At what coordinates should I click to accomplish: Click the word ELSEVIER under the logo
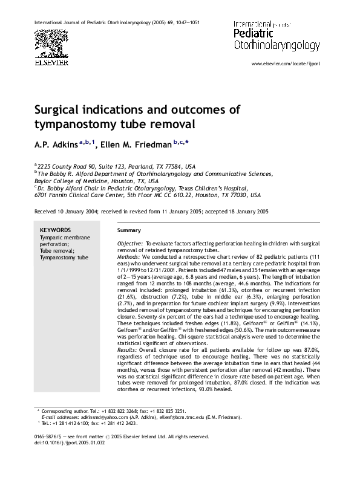(x=51, y=62)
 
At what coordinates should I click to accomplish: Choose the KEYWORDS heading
(x=55, y=230)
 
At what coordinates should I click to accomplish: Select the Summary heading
(x=129, y=230)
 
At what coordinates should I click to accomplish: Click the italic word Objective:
(x=129, y=243)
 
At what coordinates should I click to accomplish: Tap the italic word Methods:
(x=128, y=256)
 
